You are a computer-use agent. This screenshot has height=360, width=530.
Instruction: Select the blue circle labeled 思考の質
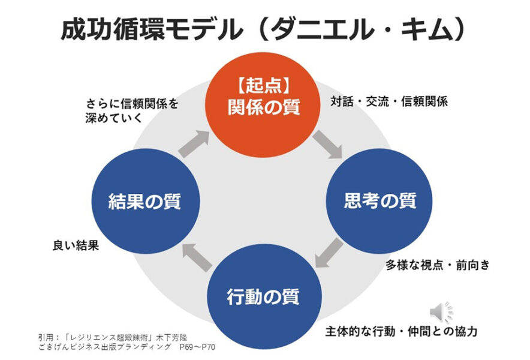[380, 201]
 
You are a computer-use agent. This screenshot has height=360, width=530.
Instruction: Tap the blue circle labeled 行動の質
[263, 296]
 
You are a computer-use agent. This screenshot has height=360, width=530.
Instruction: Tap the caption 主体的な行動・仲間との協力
[401, 331]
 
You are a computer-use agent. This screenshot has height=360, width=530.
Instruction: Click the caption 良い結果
[75, 245]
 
